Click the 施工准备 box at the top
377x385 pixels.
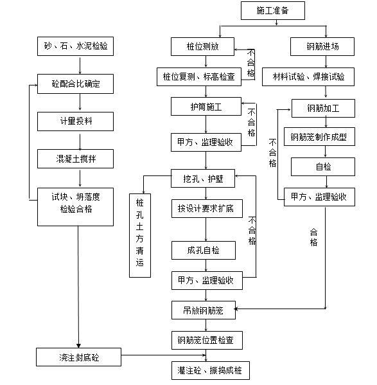point(272,11)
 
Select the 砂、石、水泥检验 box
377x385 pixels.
point(75,46)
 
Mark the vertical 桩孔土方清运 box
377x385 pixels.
point(140,235)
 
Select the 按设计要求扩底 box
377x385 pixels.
point(206,210)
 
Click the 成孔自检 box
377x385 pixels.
point(202,249)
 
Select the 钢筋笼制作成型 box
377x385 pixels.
point(322,137)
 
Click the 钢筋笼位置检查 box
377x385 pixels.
point(206,340)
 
